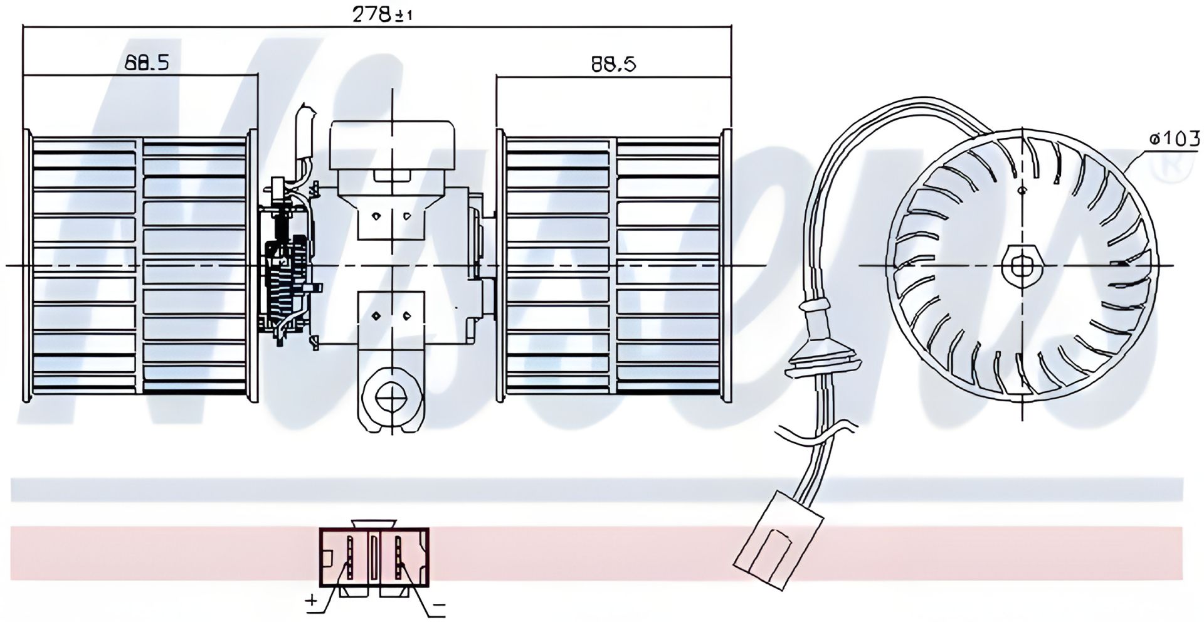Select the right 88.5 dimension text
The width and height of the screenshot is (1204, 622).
[x=613, y=64]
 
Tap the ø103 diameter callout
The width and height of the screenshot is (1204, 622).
[x=1174, y=139]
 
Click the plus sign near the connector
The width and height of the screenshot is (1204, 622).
[x=312, y=601]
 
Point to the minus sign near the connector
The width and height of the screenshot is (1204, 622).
[x=438, y=606]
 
